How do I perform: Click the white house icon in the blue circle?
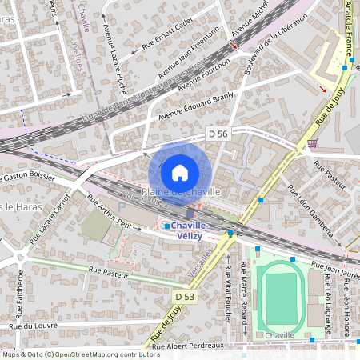(180, 173)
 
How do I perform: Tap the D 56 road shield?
(217, 132)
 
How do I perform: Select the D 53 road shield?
(183, 298)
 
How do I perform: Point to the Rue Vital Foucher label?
(228, 292)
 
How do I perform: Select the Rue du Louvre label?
(31, 326)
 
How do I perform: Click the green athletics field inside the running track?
(280, 298)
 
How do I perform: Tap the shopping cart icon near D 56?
(312, 144)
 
